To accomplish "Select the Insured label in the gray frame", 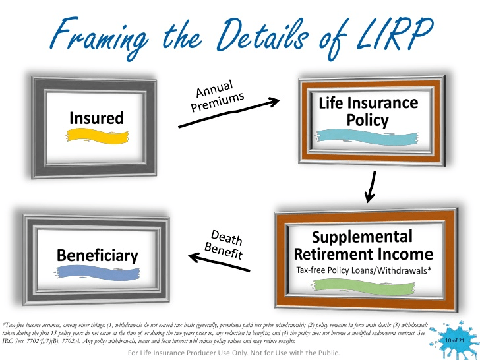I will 97,118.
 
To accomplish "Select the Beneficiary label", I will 97,255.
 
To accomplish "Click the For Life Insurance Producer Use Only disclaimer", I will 234,353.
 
